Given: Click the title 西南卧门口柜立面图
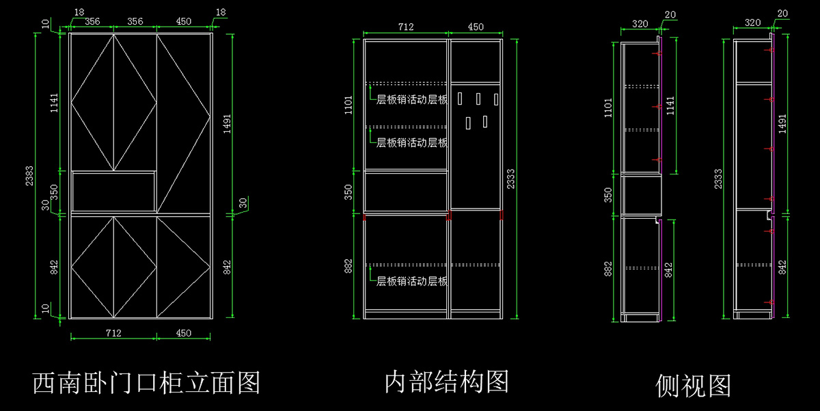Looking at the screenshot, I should pos(146,382).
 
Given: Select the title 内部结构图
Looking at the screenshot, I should pos(447,382).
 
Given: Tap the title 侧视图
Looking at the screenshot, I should pos(693,385).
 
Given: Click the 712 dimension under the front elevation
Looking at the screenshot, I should pos(113,333).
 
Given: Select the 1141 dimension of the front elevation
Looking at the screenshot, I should pos(55,103).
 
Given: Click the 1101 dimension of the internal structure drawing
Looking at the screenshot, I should pos(348,105).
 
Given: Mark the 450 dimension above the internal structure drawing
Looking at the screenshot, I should pos(476,27).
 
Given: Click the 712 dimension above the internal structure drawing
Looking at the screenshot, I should pos(406,27).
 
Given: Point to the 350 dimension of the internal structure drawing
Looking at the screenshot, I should pos(348,192).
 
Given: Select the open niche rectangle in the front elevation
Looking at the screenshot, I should pos(113,191).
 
